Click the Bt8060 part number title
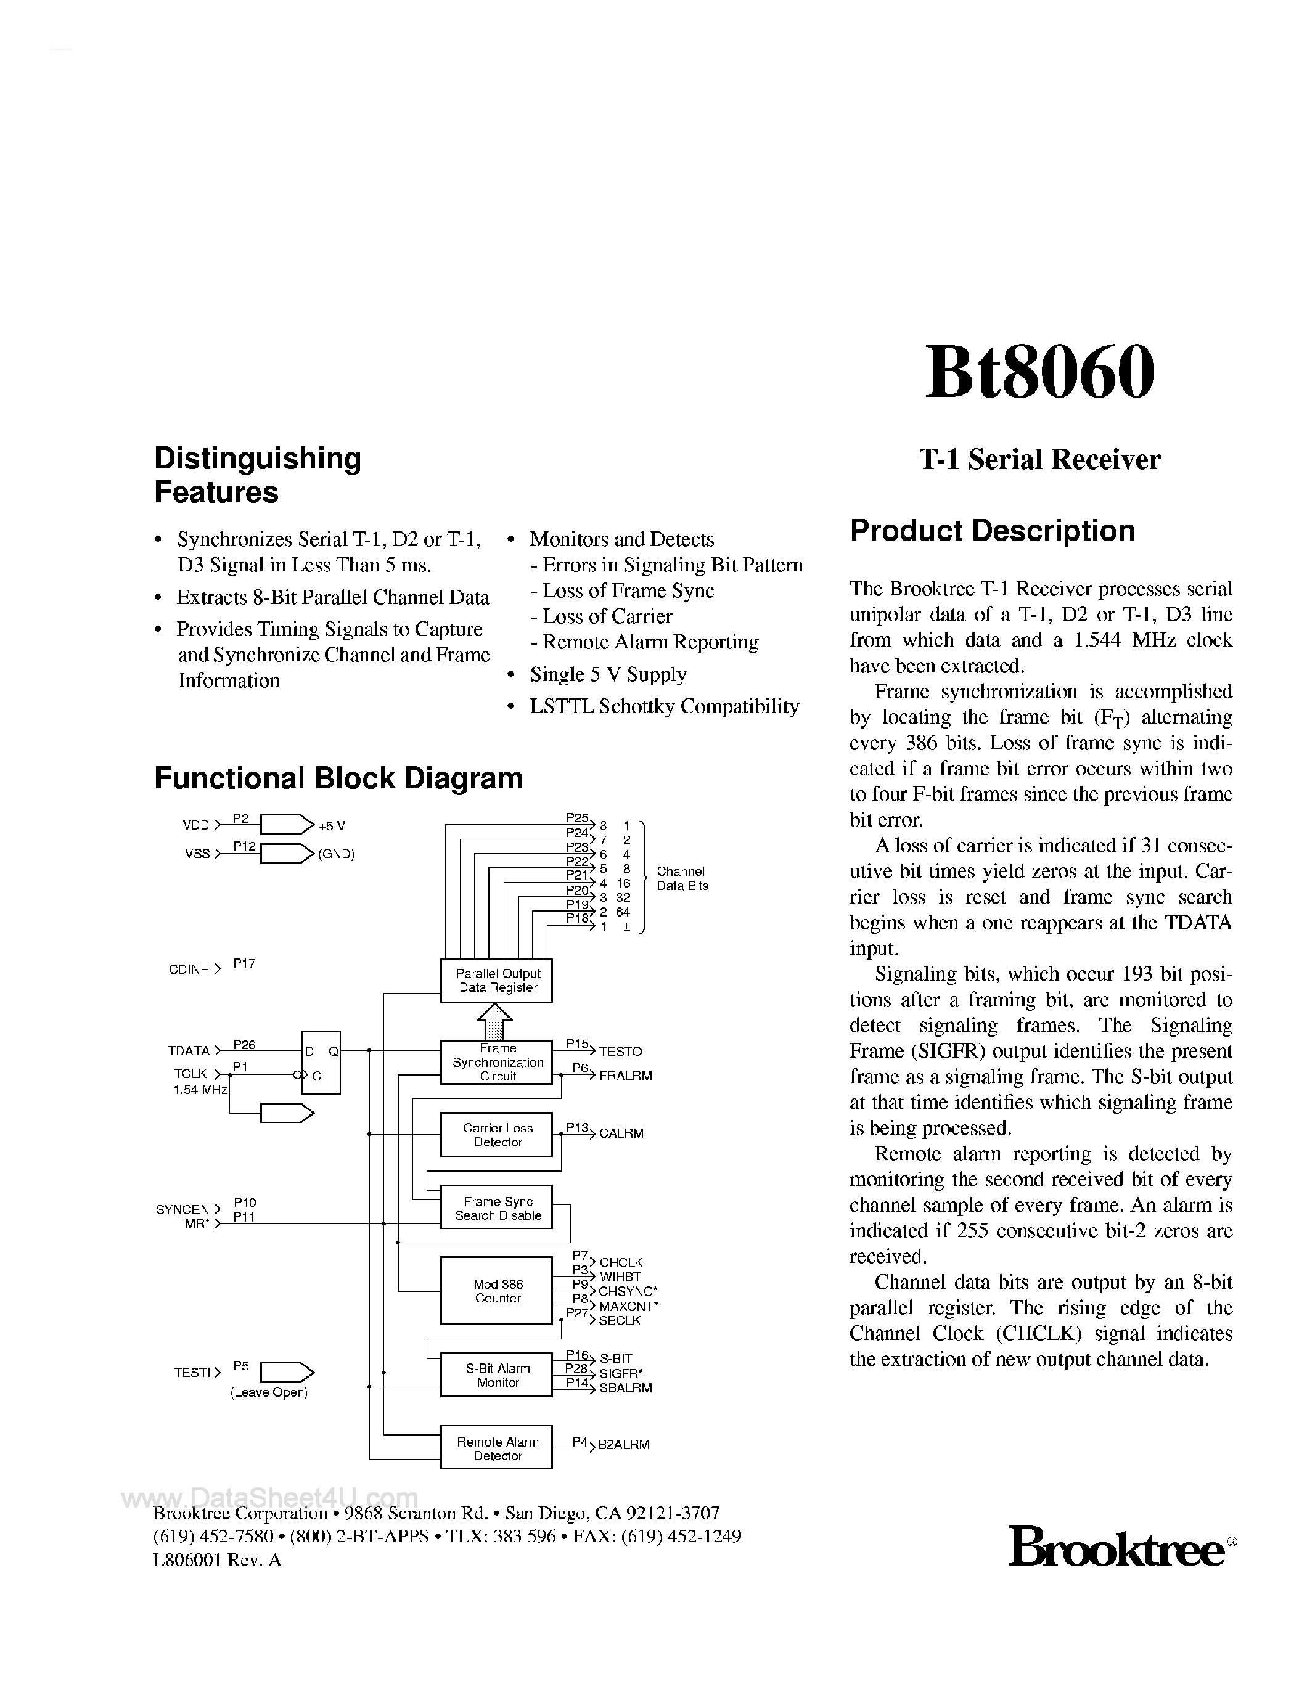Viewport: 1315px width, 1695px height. point(1039,372)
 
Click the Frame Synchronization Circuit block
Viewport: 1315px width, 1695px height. point(497,1063)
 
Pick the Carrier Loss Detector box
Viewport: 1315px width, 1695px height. point(497,1135)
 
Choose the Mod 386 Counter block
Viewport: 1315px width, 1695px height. point(497,1291)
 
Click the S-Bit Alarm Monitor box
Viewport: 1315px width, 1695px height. point(497,1375)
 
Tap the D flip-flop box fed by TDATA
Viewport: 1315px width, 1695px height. point(321,1063)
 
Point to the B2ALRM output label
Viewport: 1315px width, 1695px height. point(623,1445)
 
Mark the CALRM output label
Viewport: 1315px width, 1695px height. point(621,1134)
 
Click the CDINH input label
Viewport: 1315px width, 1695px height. point(189,970)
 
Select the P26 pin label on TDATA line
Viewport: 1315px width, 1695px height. point(244,1045)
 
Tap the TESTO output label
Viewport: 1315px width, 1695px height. point(620,1052)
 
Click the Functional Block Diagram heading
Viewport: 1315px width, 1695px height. point(338,778)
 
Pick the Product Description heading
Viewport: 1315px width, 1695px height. point(992,531)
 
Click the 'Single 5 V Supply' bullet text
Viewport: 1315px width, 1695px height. point(608,674)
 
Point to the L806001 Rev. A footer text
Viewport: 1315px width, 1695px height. point(218,1560)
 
